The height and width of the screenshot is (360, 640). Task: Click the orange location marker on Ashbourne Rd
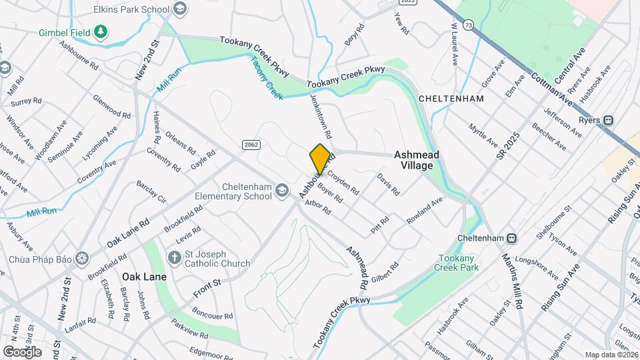pyautogui.click(x=320, y=159)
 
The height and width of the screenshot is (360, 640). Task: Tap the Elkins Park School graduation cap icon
pyautogui.click(x=179, y=9)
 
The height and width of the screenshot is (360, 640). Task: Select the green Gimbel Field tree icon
pyautogui.click(x=100, y=31)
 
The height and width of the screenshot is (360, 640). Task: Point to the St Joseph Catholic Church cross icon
pyautogui.click(x=174, y=257)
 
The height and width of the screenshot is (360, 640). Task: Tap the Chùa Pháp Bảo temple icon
pyautogui.click(x=82, y=258)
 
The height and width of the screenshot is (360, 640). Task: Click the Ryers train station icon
pyautogui.click(x=609, y=121)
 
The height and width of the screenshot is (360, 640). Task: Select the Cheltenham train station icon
pyautogui.click(x=512, y=238)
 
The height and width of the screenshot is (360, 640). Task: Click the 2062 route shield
pyautogui.click(x=251, y=144)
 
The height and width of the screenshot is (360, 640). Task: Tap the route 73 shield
pyautogui.click(x=470, y=25)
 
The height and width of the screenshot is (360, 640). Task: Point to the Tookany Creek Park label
pyautogui.click(x=457, y=263)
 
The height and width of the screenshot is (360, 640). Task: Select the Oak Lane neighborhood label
pyautogui.click(x=144, y=276)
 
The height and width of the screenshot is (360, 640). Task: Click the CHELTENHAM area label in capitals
pyautogui.click(x=451, y=98)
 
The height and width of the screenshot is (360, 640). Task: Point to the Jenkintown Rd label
pyautogui.click(x=319, y=113)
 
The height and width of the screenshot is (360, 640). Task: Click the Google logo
pyautogui.click(x=23, y=351)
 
